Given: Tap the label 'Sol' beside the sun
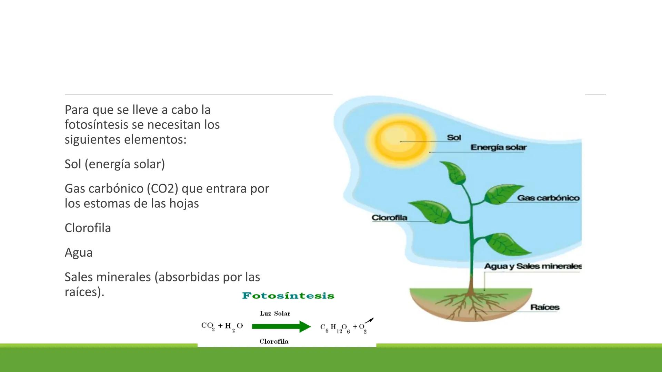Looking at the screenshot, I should click(x=454, y=137).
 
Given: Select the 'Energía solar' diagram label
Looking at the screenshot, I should click(x=498, y=147).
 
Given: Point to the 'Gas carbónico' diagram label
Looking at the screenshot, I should click(x=548, y=198).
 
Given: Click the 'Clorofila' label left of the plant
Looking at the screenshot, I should click(x=389, y=218).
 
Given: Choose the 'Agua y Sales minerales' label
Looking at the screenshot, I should click(x=533, y=266).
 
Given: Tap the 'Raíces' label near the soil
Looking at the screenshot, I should click(x=545, y=307).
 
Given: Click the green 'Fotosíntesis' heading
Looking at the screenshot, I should click(x=288, y=296).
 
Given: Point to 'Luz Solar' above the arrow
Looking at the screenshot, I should click(x=275, y=313).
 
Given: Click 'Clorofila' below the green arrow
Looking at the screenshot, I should click(x=274, y=341).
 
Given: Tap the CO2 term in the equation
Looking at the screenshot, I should click(x=208, y=326).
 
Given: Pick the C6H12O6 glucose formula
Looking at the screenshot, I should click(x=335, y=328).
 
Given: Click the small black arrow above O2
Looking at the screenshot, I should click(x=369, y=321).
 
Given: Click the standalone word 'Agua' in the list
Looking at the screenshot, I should click(x=79, y=252).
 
